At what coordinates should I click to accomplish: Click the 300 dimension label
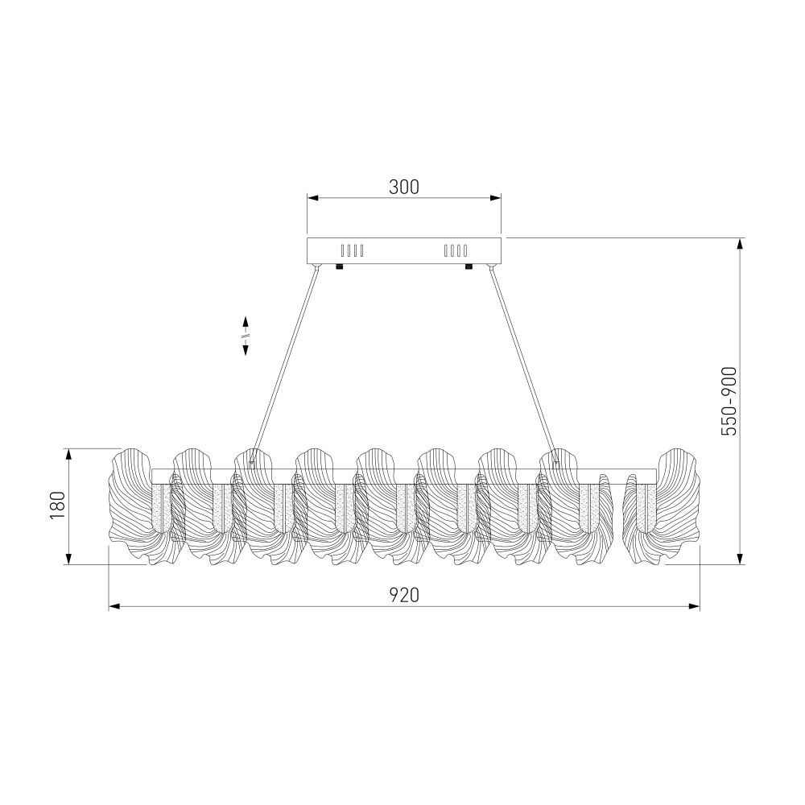[403, 188]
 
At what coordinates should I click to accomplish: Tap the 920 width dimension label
[403, 595]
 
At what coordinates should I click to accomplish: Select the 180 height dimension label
[57, 506]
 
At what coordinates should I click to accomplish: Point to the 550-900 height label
[729, 401]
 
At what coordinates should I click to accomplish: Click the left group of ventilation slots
[353, 250]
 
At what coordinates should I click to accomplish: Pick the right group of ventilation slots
[456, 250]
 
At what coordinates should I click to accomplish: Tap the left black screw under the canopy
[340, 266]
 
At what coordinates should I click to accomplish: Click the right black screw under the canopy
[469, 266]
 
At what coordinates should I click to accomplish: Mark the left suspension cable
[285, 365]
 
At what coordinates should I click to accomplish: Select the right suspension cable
[523, 365]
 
